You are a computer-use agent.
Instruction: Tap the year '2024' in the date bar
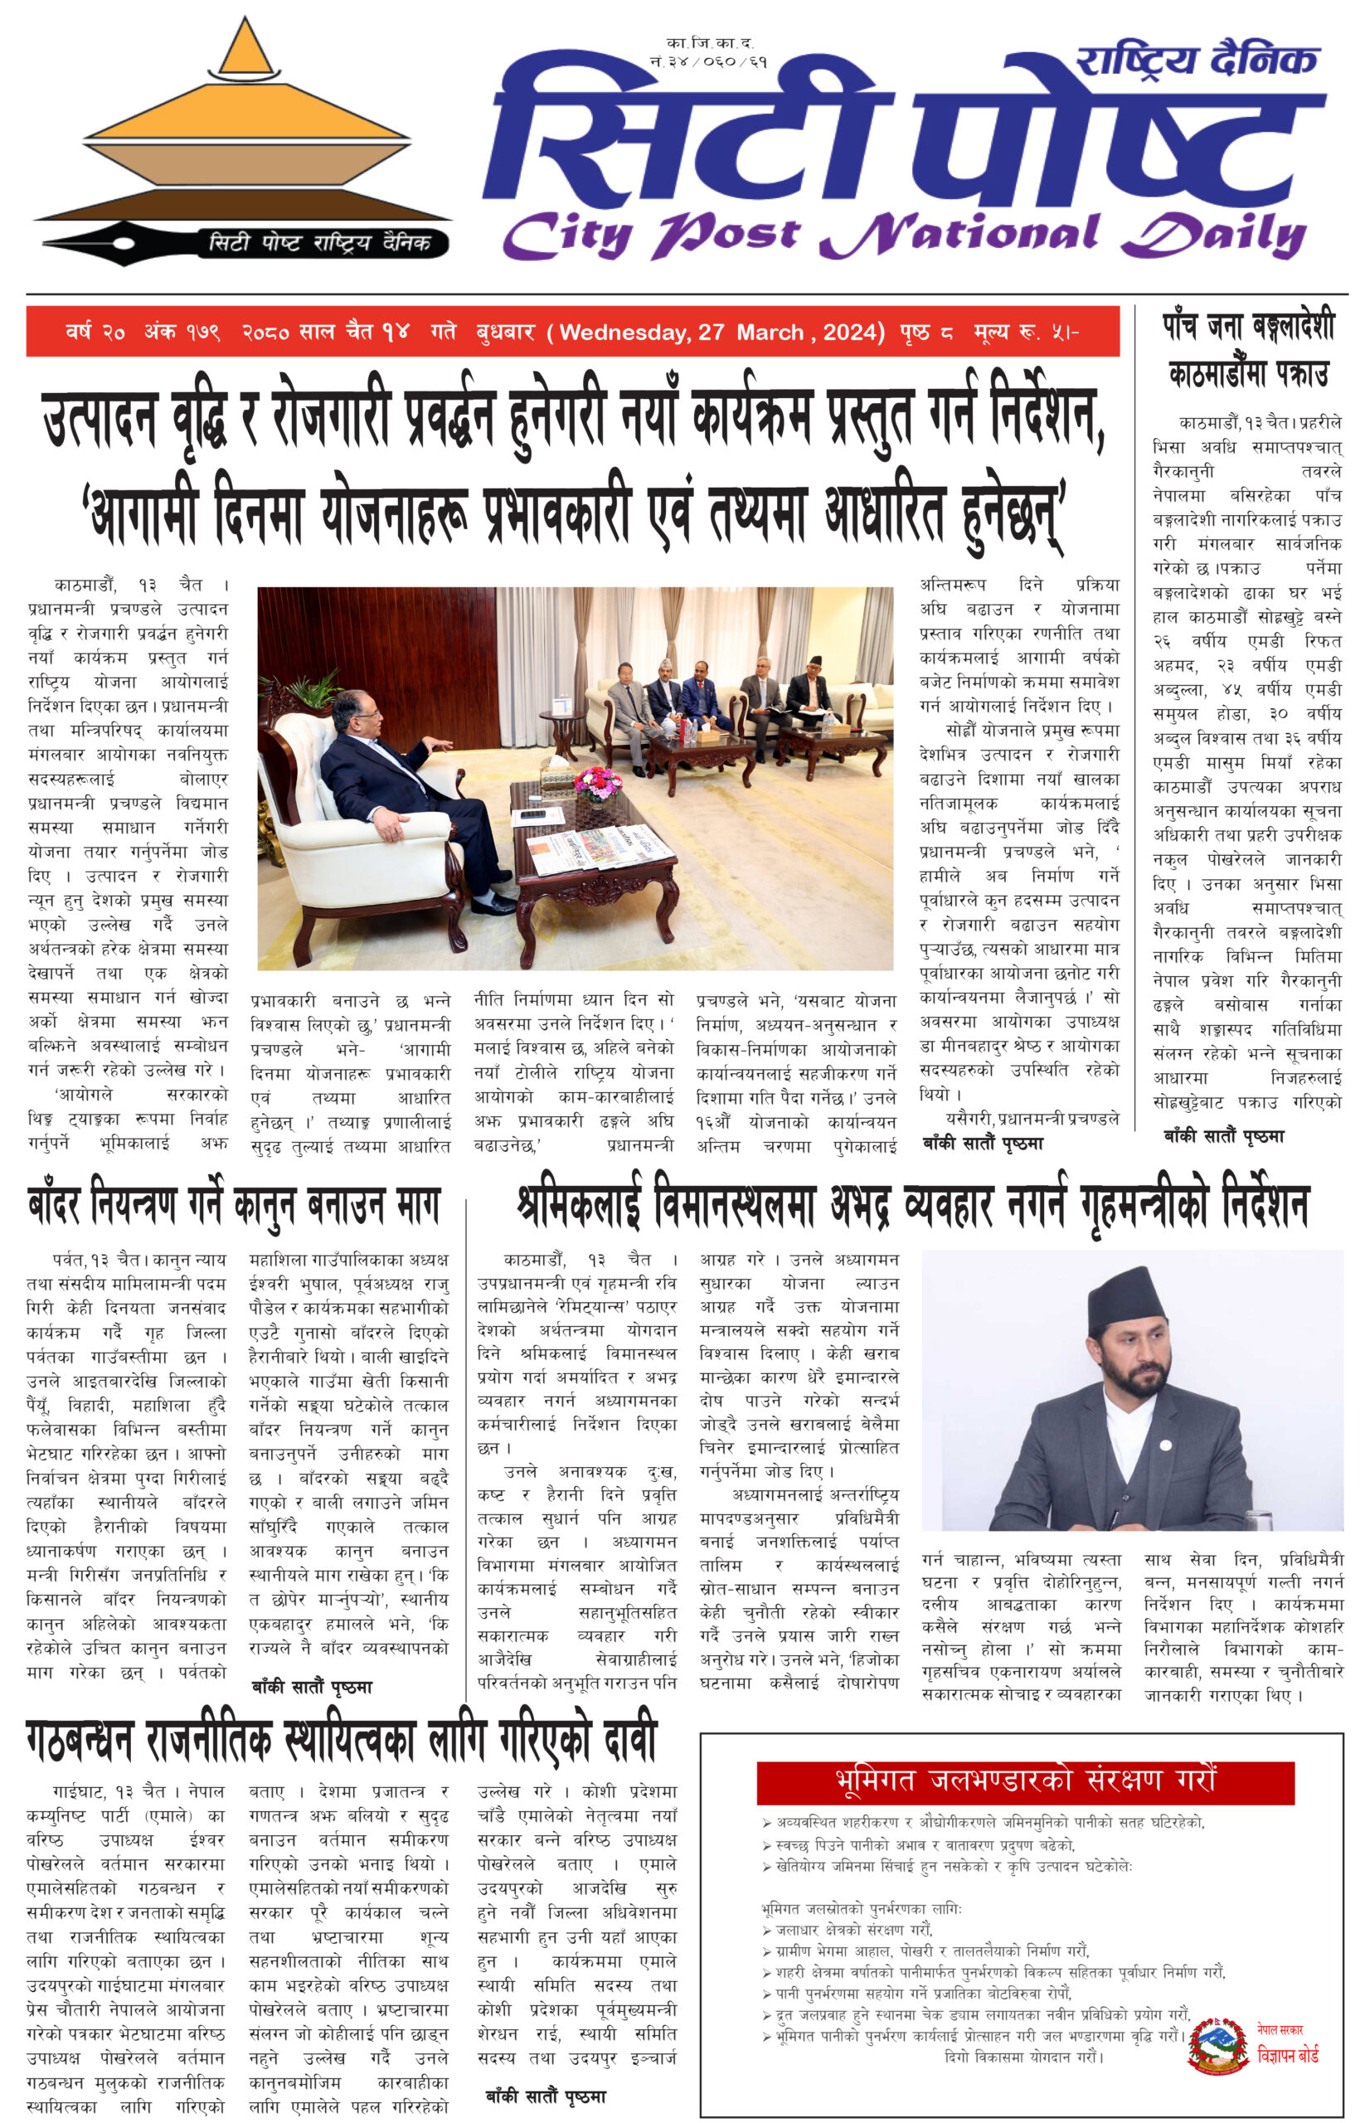[852, 333]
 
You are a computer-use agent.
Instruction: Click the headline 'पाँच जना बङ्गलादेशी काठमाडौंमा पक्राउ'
[1248, 350]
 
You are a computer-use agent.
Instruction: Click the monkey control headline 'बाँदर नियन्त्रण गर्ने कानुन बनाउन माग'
[234, 1206]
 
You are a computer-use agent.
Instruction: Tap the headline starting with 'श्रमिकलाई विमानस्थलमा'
[913, 1206]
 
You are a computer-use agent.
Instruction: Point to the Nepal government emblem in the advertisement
[1219, 2047]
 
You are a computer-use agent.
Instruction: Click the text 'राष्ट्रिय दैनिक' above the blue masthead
[1197, 61]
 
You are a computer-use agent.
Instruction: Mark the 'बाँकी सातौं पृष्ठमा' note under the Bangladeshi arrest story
[1223, 1135]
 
